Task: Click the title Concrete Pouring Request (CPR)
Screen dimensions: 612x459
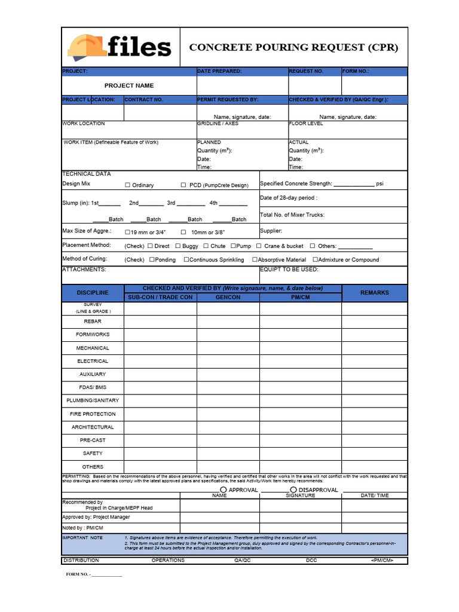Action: point(293,47)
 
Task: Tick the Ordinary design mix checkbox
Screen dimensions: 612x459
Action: point(127,185)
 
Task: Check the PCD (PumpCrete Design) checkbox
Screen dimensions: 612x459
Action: point(183,185)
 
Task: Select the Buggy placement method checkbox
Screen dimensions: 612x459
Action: point(178,246)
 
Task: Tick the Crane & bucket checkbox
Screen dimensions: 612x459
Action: point(259,246)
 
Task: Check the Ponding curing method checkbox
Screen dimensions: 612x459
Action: point(152,259)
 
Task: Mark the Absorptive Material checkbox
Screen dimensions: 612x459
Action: point(255,259)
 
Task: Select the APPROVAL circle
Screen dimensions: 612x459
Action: point(223,489)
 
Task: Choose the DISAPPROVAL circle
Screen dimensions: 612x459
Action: point(293,489)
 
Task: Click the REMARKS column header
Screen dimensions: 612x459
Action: point(374,293)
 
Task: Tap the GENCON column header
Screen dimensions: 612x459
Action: point(228,297)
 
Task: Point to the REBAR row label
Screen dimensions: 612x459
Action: point(93,322)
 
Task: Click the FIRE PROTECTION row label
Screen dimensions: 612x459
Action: point(93,414)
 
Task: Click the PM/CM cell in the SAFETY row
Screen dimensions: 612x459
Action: point(300,454)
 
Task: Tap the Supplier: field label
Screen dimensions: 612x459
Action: point(271,231)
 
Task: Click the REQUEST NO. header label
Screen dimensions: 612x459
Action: point(306,71)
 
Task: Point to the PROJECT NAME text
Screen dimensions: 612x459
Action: point(129,85)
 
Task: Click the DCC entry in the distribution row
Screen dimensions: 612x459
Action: point(311,561)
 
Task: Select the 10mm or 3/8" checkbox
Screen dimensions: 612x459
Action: point(183,232)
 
